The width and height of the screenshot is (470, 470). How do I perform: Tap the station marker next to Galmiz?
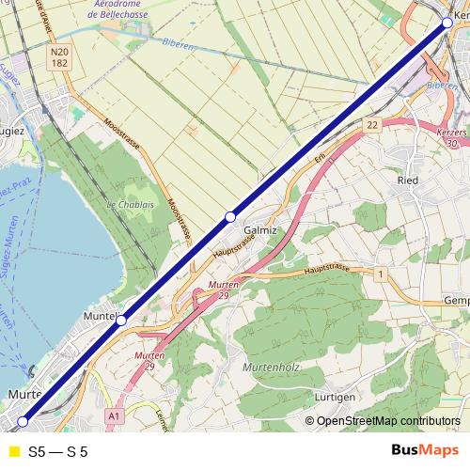point(229,217)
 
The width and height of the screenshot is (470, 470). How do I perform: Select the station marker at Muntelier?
point(121,321)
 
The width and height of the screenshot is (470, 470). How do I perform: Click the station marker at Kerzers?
point(446,23)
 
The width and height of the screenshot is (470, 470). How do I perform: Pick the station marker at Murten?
point(23,421)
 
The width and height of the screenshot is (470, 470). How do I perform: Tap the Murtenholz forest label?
point(272,367)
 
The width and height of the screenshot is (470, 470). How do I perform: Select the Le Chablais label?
point(130,204)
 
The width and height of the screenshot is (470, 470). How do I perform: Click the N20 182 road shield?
point(61,58)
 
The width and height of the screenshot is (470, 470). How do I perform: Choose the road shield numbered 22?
point(373,124)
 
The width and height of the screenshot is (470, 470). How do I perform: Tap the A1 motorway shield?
point(115,415)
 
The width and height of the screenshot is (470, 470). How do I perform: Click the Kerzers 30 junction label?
point(452,138)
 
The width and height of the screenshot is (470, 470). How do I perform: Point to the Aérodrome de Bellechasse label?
point(119,9)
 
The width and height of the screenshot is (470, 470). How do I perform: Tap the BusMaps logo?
point(424,450)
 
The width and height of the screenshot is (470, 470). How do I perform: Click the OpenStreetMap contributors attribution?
point(385,421)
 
